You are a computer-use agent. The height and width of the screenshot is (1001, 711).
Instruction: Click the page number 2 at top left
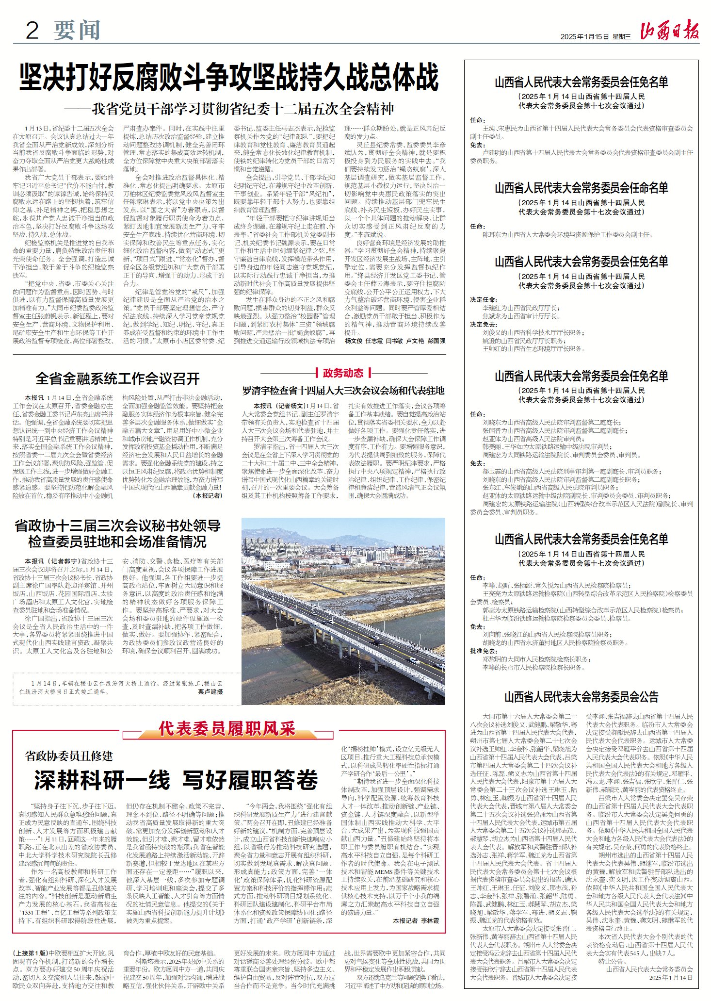[x=32, y=31]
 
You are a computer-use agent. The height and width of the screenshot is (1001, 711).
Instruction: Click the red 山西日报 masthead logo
[x=669, y=32]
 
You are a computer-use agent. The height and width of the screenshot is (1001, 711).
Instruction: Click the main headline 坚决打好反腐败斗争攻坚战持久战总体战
[x=229, y=78]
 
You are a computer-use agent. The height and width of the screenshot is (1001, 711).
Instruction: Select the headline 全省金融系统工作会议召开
[x=118, y=378]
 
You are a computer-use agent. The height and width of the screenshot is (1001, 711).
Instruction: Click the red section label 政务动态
[x=343, y=373]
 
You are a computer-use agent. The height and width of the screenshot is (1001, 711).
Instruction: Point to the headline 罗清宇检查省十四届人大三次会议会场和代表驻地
[x=343, y=391]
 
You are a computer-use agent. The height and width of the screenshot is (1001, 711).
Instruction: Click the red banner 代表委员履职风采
[x=226, y=728]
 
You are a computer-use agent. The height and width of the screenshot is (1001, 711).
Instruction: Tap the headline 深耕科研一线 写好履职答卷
[x=176, y=780]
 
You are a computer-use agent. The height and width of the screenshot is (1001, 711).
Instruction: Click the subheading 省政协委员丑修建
[x=69, y=755]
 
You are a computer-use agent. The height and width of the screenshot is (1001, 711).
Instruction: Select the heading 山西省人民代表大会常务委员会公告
[x=581, y=697]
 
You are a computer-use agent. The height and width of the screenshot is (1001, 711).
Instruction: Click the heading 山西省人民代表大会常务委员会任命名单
[x=581, y=188]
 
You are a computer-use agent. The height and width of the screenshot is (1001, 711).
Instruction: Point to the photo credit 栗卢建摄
[x=210, y=691]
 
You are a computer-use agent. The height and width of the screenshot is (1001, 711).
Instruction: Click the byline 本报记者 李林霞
[x=416, y=920]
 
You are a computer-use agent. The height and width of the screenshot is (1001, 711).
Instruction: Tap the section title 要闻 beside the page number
[x=77, y=31]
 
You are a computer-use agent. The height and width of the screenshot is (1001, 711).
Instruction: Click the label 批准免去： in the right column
[x=484, y=651]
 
